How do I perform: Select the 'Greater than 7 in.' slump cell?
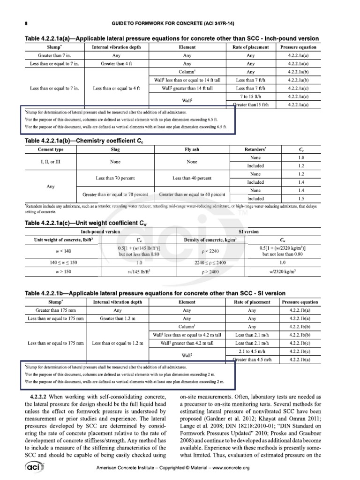tap(54, 55)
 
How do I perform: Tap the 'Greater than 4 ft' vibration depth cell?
tap(114, 63)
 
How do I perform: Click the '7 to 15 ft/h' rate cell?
tap(250, 96)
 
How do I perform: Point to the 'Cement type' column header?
tap(50, 150)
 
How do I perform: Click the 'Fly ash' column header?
tap(192, 150)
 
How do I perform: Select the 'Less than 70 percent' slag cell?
tap(115, 178)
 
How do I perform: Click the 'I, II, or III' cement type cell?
tap(50, 162)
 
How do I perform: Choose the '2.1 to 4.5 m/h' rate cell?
tap(252, 351)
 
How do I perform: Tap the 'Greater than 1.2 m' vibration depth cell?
tap(117, 319)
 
